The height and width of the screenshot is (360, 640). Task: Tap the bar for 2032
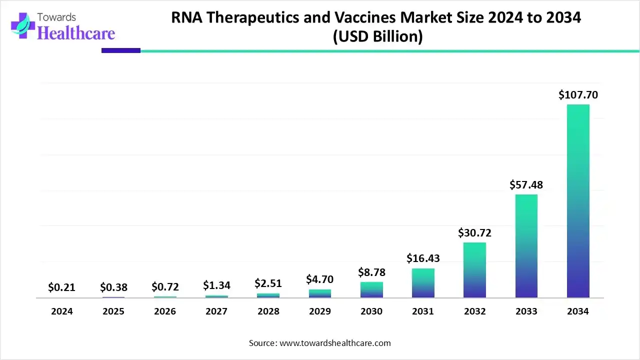pyautogui.click(x=474, y=270)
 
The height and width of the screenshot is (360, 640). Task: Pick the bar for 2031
pyautogui.click(x=423, y=283)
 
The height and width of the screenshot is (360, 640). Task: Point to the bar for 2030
pyautogui.click(x=371, y=290)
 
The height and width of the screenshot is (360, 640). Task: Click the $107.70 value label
pyautogui.click(x=578, y=94)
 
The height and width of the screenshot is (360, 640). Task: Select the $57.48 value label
pyautogui.click(x=526, y=184)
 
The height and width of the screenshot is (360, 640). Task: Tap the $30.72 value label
pyautogui.click(x=474, y=232)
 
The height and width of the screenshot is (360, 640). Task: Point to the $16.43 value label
pyautogui.click(x=423, y=258)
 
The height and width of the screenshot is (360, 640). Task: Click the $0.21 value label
pyautogui.click(x=61, y=287)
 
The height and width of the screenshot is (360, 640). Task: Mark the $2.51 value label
pyautogui.click(x=268, y=283)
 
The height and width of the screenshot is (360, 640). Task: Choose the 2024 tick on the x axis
pyautogui.click(x=61, y=311)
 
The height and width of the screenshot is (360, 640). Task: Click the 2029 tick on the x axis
pyautogui.click(x=319, y=311)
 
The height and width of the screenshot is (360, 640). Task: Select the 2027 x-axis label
pyautogui.click(x=216, y=311)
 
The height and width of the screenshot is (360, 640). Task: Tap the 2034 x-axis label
pyautogui.click(x=578, y=311)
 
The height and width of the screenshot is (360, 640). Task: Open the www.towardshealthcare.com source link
pyautogui.click(x=334, y=343)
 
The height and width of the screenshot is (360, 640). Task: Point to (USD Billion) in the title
pyautogui.click(x=377, y=37)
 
